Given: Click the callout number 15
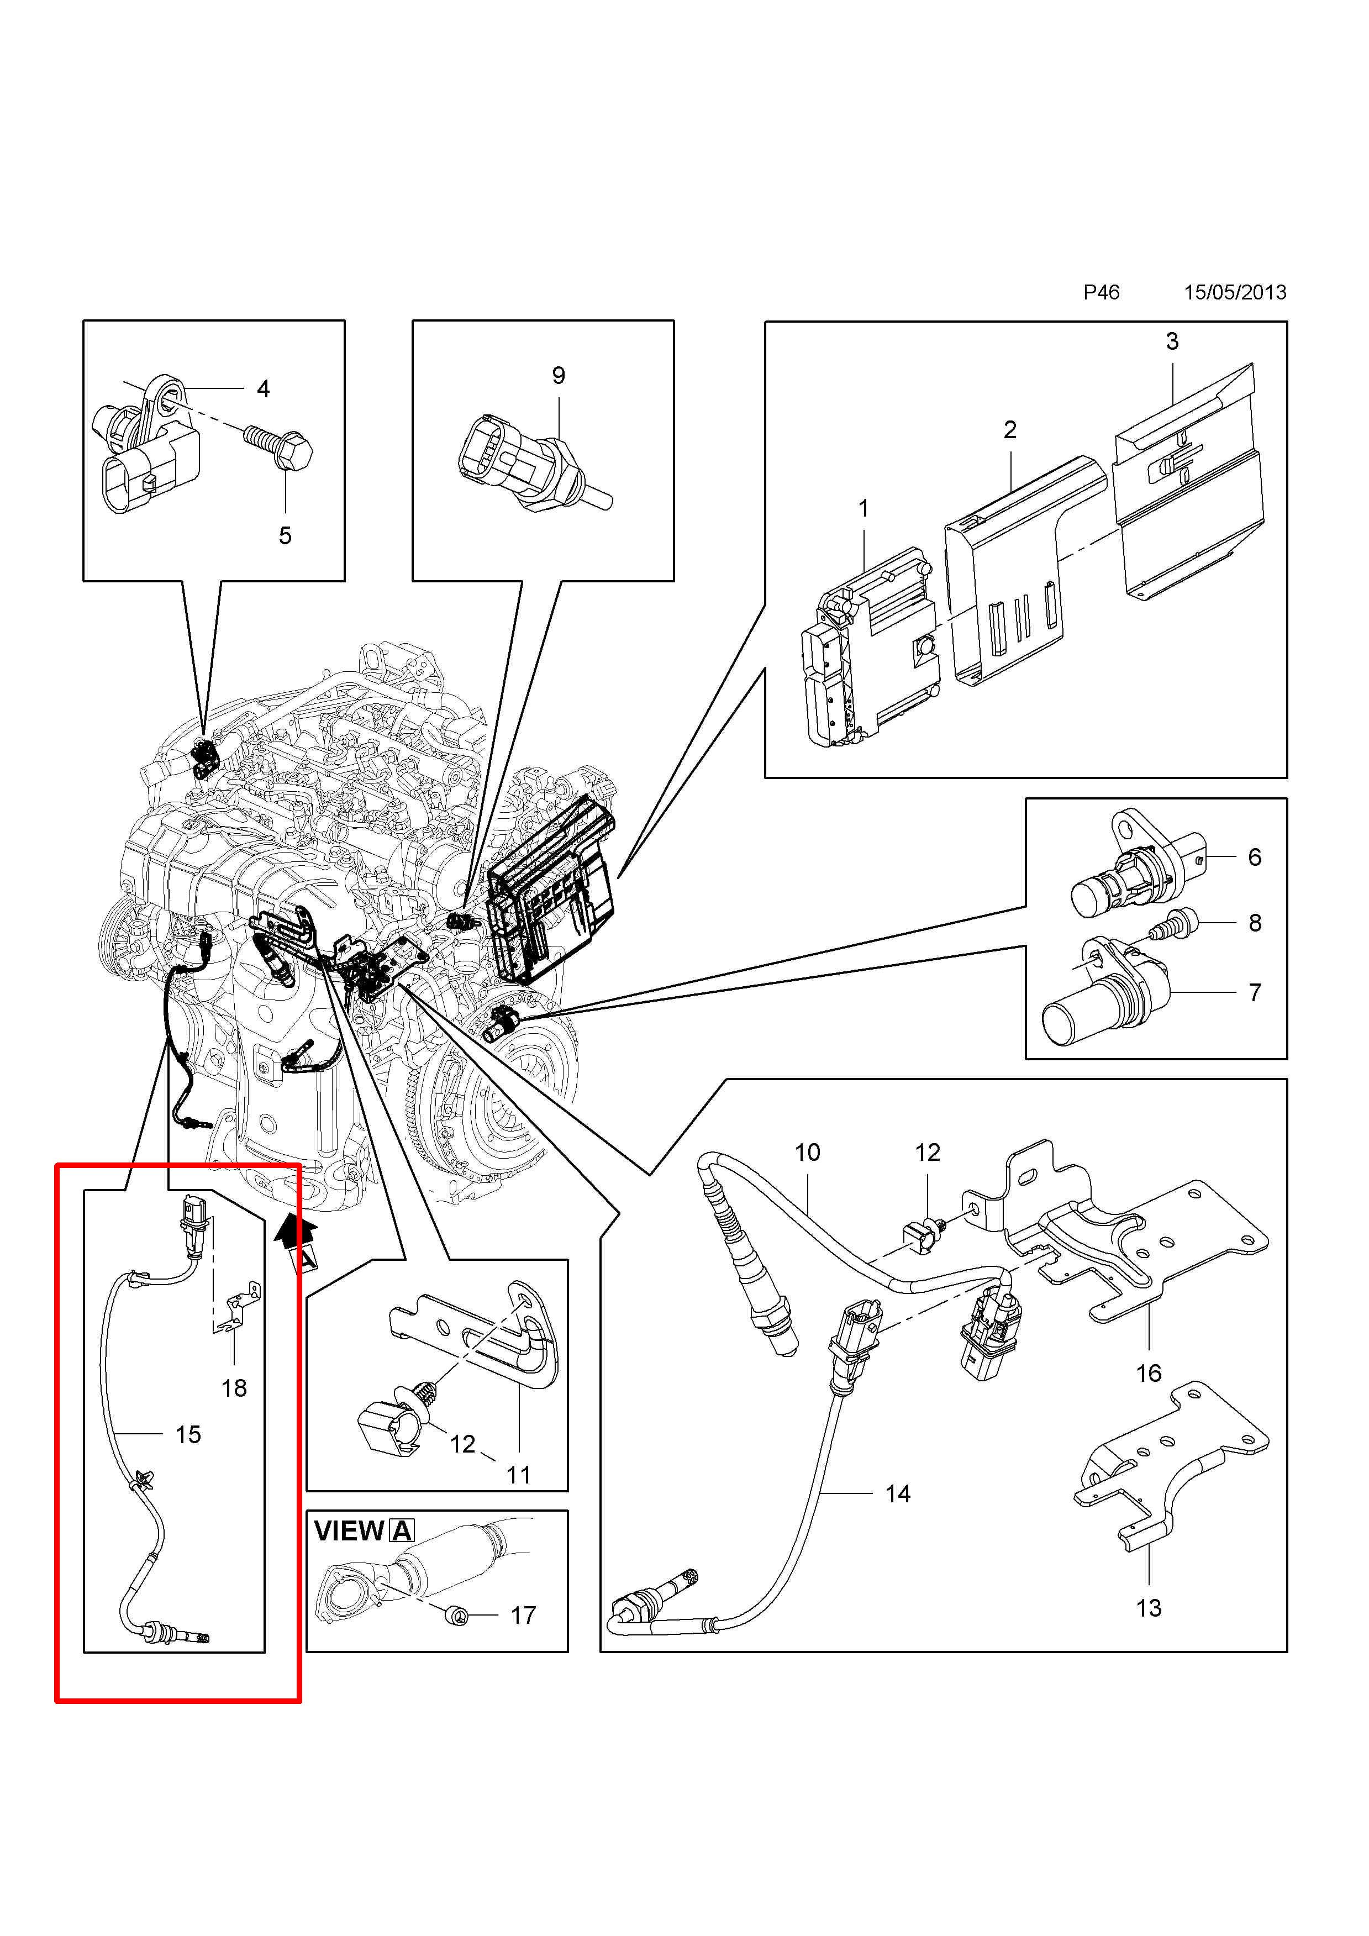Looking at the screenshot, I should (x=188, y=1434).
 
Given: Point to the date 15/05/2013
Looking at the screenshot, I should (x=1235, y=293).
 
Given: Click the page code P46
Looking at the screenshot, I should (x=1101, y=293).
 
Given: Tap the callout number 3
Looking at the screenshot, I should (x=1172, y=341).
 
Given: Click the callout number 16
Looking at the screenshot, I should (x=1148, y=1373).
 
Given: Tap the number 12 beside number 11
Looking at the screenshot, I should (x=462, y=1444).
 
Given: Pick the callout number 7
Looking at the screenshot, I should (x=1254, y=992).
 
